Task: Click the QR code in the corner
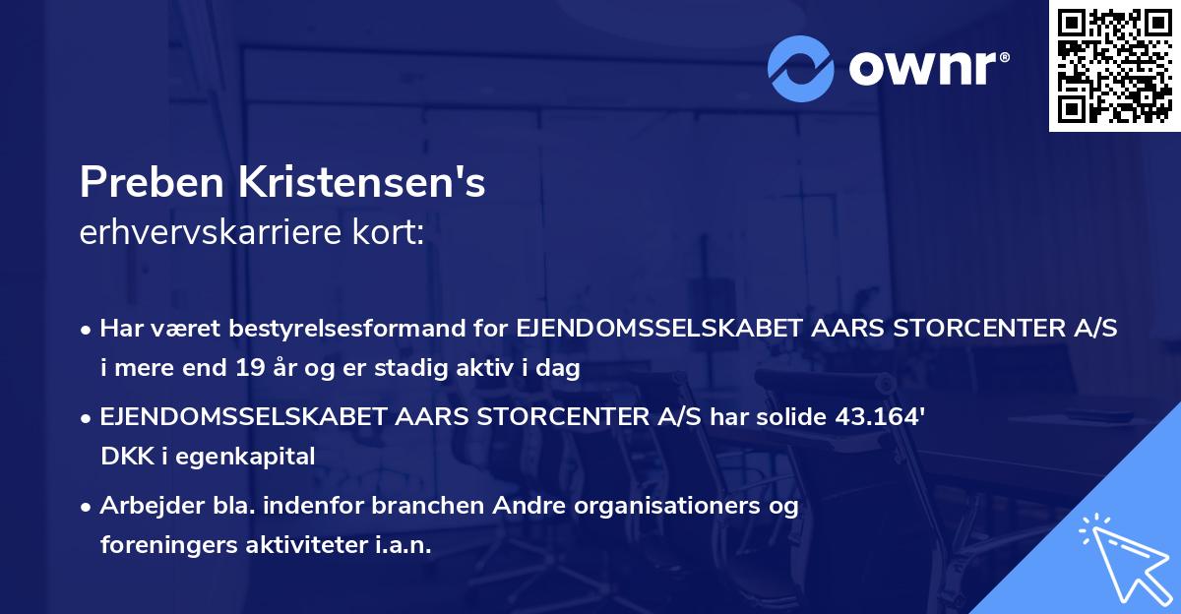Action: [x=1114, y=66]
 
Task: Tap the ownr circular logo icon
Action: [x=801, y=68]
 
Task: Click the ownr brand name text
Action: [x=925, y=68]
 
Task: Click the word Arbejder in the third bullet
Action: [x=144, y=506]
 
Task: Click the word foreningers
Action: [x=168, y=544]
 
